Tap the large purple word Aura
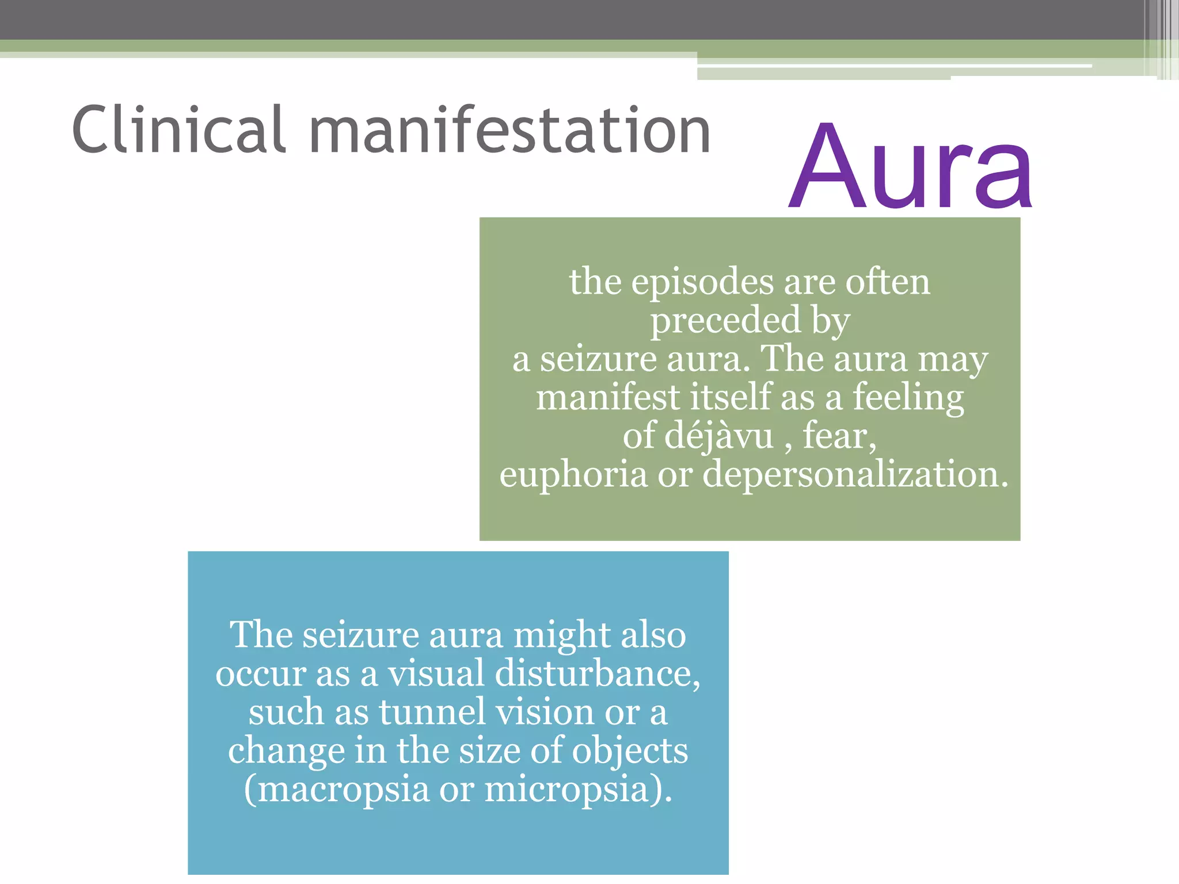coord(910,167)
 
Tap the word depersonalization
coord(855,475)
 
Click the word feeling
coord(908,399)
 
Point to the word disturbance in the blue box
coord(598,673)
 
